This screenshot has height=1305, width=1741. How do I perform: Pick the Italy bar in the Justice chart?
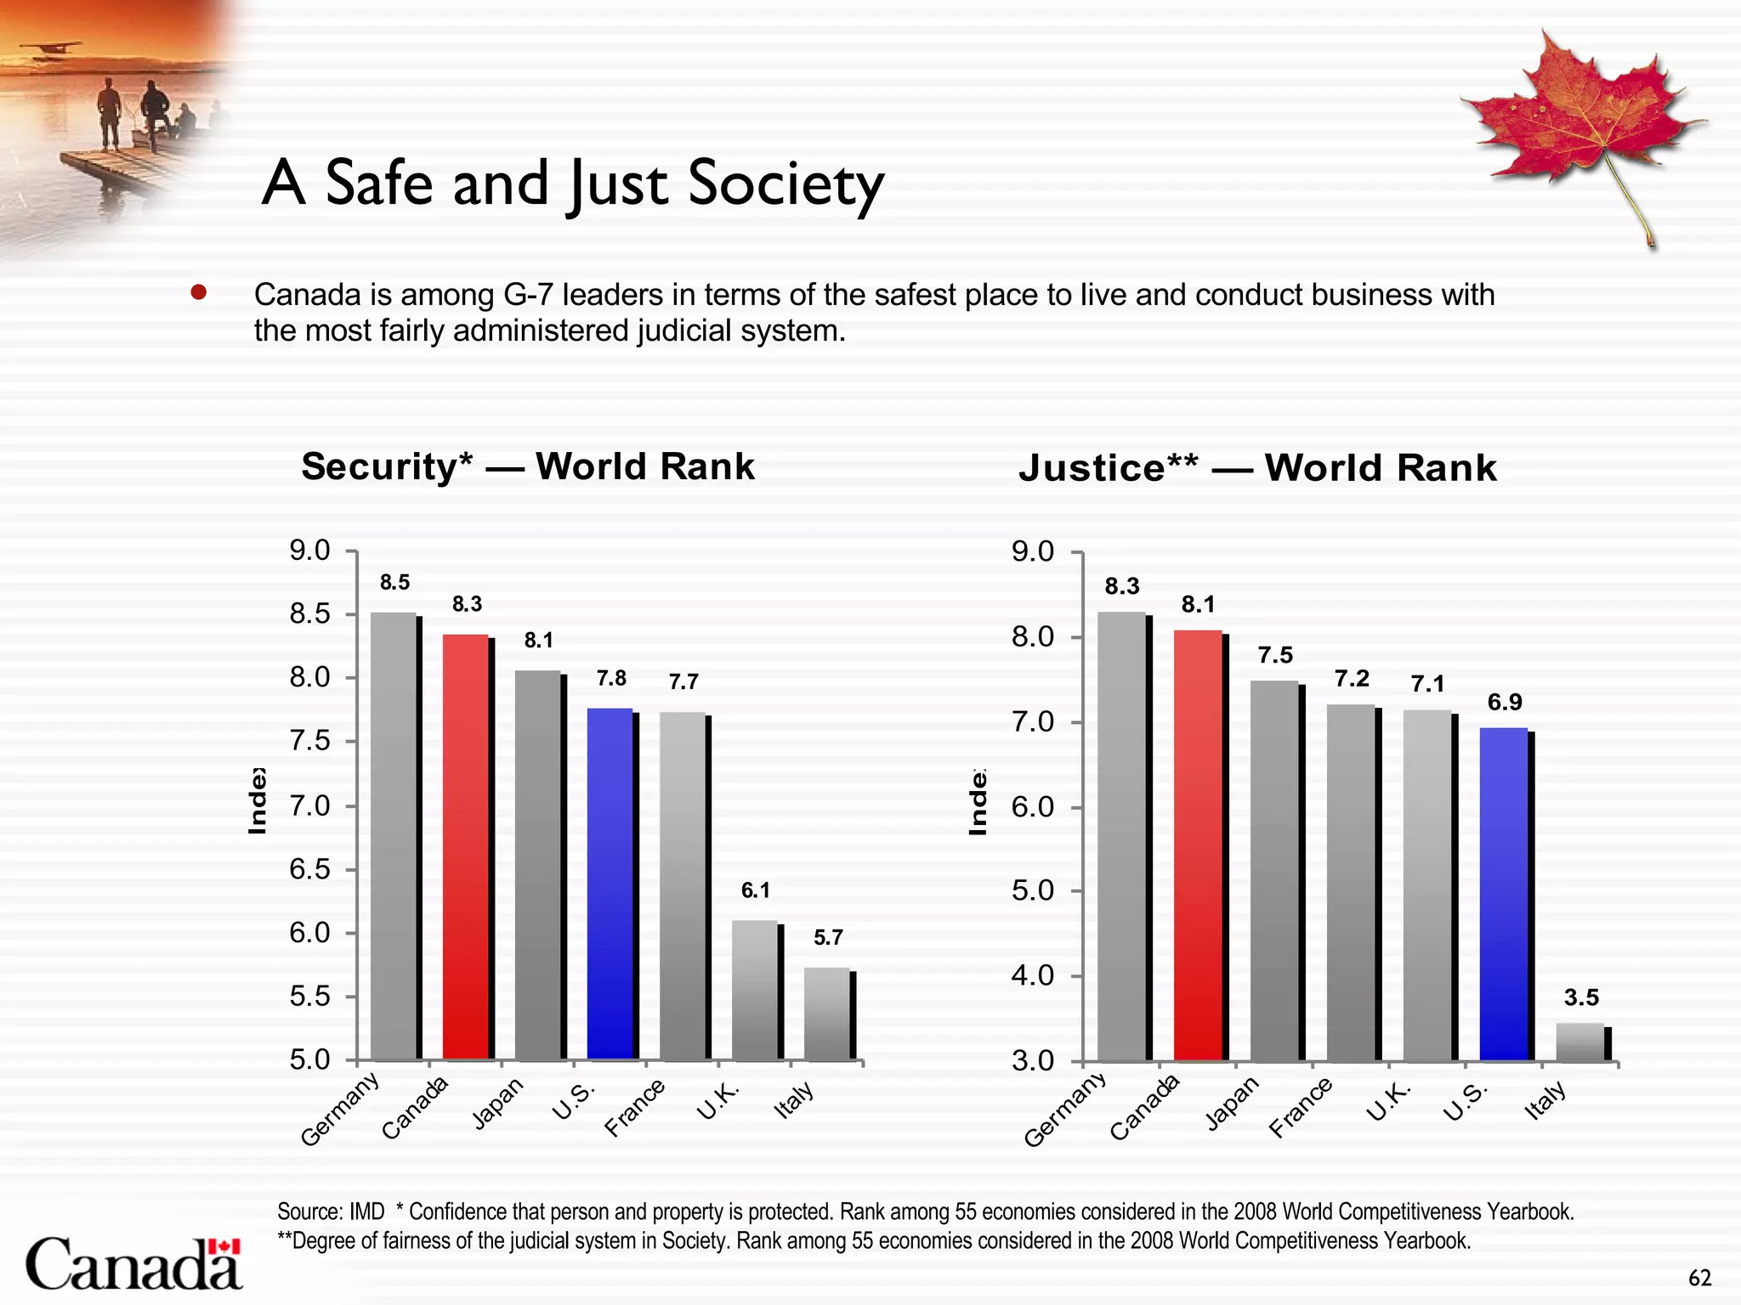click(x=1579, y=1042)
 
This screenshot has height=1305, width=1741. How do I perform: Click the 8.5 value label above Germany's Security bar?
click(x=394, y=583)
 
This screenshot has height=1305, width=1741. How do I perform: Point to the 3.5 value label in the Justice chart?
click(x=1581, y=997)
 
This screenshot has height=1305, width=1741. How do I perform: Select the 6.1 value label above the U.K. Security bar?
click(x=755, y=890)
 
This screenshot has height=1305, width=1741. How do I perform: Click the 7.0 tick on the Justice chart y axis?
click(x=1033, y=723)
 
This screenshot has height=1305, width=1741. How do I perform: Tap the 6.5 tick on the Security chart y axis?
click(x=309, y=869)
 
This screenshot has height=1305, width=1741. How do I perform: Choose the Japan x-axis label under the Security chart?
click(x=498, y=1104)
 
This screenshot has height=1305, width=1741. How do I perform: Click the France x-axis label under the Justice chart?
click(x=1300, y=1107)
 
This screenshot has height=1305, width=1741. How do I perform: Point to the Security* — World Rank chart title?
click(x=528, y=466)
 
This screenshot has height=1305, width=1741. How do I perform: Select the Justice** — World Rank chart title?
click(x=1257, y=468)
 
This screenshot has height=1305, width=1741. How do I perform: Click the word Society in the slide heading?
click(x=786, y=184)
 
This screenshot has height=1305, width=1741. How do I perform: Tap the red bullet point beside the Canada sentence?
click(x=199, y=293)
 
